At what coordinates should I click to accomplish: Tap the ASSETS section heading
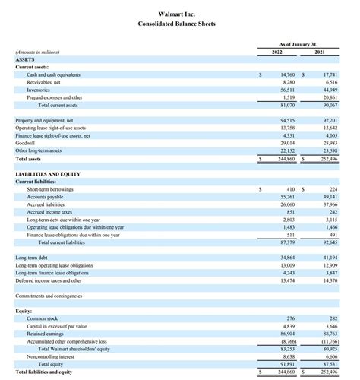tap(26, 59)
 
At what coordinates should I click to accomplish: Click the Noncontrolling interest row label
tap(50, 356)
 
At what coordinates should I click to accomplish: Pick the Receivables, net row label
tap(43, 82)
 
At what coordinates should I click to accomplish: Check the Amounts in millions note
tap(38, 52)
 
